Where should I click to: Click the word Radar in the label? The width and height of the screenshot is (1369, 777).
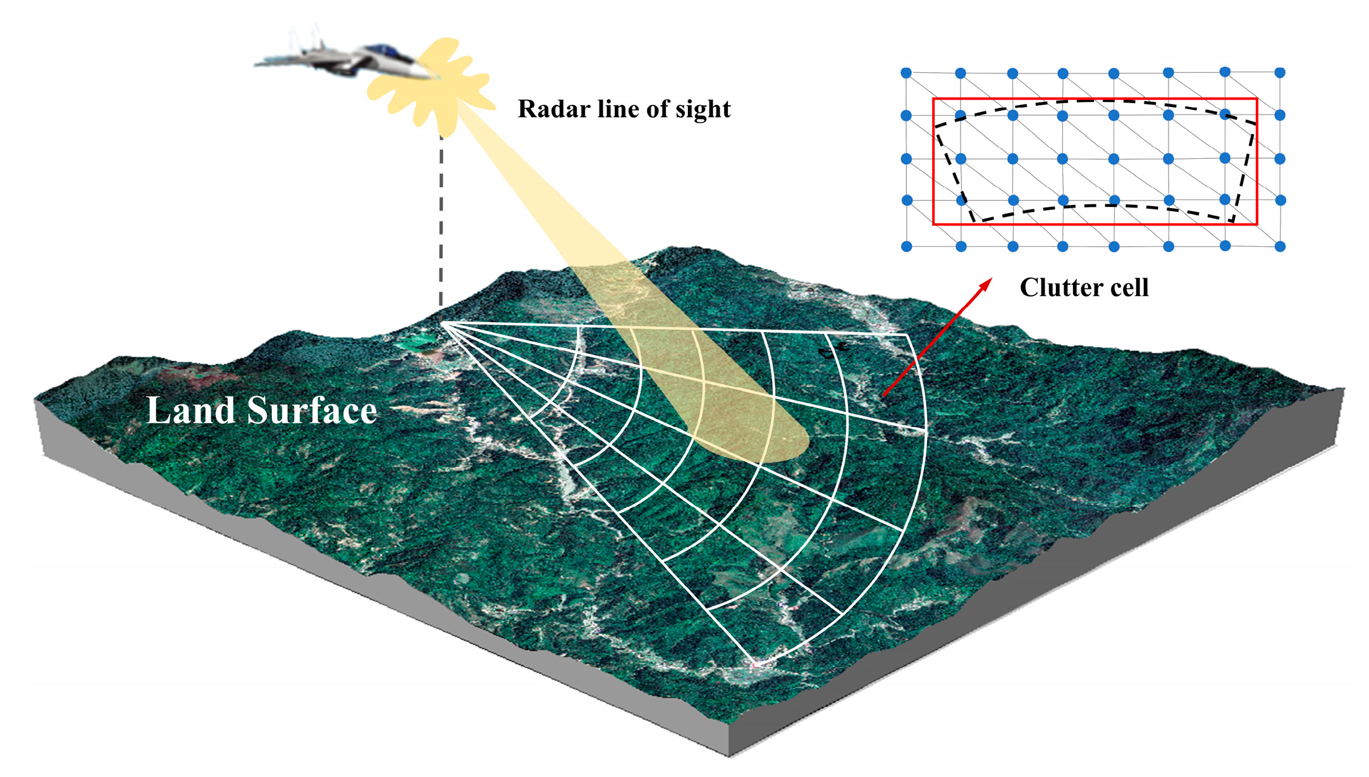pos(548,109)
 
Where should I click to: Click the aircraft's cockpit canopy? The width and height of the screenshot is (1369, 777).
pos(382,50)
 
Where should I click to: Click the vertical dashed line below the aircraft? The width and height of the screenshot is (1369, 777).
pos(441,221)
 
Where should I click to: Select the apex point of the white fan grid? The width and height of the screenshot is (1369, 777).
pos(442,323)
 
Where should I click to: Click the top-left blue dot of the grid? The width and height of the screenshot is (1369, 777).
pos(906,73)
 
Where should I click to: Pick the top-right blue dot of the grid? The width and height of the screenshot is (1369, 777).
pos(1280,73)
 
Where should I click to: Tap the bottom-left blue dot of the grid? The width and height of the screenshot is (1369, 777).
pos(906,246)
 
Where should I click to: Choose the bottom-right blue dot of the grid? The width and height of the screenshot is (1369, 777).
pos(1280,246)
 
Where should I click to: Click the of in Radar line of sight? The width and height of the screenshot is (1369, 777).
pos(658,109)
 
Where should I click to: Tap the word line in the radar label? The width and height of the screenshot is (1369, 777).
pos(610,109)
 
